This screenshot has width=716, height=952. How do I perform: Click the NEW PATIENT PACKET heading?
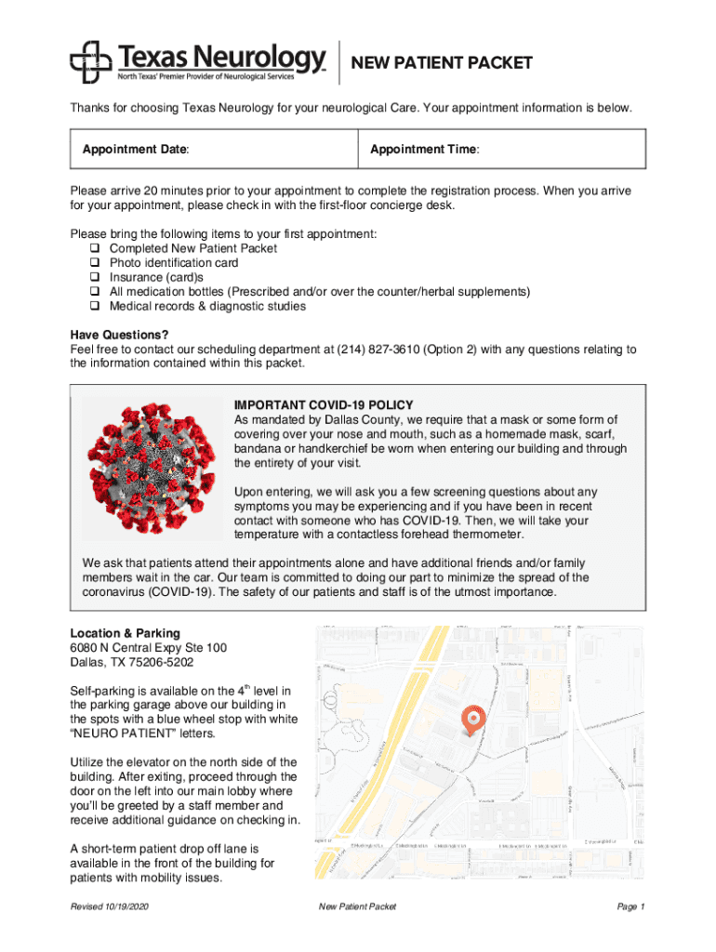tap(442, 62)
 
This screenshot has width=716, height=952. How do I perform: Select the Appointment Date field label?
tap(136, 149)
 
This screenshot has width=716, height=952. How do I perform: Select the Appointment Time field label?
tap(425, 149)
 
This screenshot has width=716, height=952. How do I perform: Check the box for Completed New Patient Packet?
tap(95, 249)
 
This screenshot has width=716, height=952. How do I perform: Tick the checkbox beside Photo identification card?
tap(95, 263)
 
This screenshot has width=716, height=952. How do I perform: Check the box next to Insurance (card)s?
tap(95, 277)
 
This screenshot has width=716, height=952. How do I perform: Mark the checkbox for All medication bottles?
tap(95, 292)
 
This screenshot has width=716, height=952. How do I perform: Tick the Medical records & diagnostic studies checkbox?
tap(95, 306)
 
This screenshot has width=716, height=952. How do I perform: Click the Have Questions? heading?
tap(119, 335)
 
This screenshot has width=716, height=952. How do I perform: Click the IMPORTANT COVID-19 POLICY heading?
tap(324, 405)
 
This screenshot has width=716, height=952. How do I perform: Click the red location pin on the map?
tap(472, 719)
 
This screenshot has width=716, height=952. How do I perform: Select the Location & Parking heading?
tap(125, 633)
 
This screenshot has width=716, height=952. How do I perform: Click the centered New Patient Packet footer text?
tap(357, 906)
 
